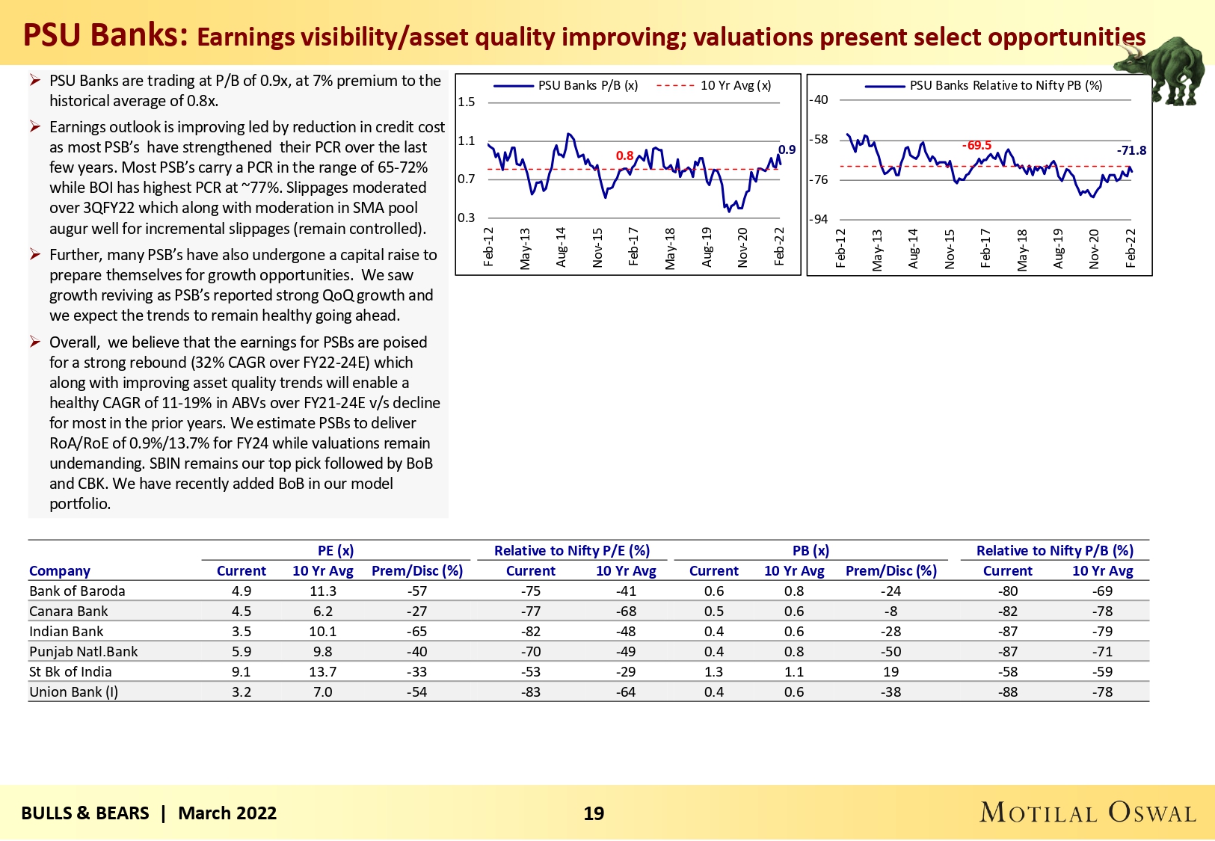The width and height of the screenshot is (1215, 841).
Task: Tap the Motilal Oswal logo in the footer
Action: tap(1087, 813)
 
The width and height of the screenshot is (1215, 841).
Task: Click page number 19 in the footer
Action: tap(594, 813)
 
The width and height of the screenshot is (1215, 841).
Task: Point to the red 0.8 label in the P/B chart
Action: tap(624, 155)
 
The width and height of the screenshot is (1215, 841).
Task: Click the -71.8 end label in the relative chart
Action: tap(1131, 150)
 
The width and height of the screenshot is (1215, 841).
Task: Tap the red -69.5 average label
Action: tap(976, 145)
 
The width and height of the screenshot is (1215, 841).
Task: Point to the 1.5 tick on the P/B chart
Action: tap(467, 102)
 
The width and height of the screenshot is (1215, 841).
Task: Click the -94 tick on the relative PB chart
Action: tap(819, 219)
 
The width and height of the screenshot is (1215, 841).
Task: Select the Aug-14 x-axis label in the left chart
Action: tap(562, 247)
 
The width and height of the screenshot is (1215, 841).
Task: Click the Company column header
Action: tap(60, 571)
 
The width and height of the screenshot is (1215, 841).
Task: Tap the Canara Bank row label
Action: tap(69, 612)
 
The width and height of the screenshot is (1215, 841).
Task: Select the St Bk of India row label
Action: tap(70, 672)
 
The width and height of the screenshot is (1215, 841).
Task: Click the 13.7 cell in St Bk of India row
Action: tap(323, 672)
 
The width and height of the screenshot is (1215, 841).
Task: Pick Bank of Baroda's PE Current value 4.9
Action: tap(242, 591)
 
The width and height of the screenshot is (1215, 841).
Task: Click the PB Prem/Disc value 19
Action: tap(891, 672)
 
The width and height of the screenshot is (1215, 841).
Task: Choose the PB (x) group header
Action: tap(810, 551)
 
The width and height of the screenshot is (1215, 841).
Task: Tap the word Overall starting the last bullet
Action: tap(74, 342)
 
